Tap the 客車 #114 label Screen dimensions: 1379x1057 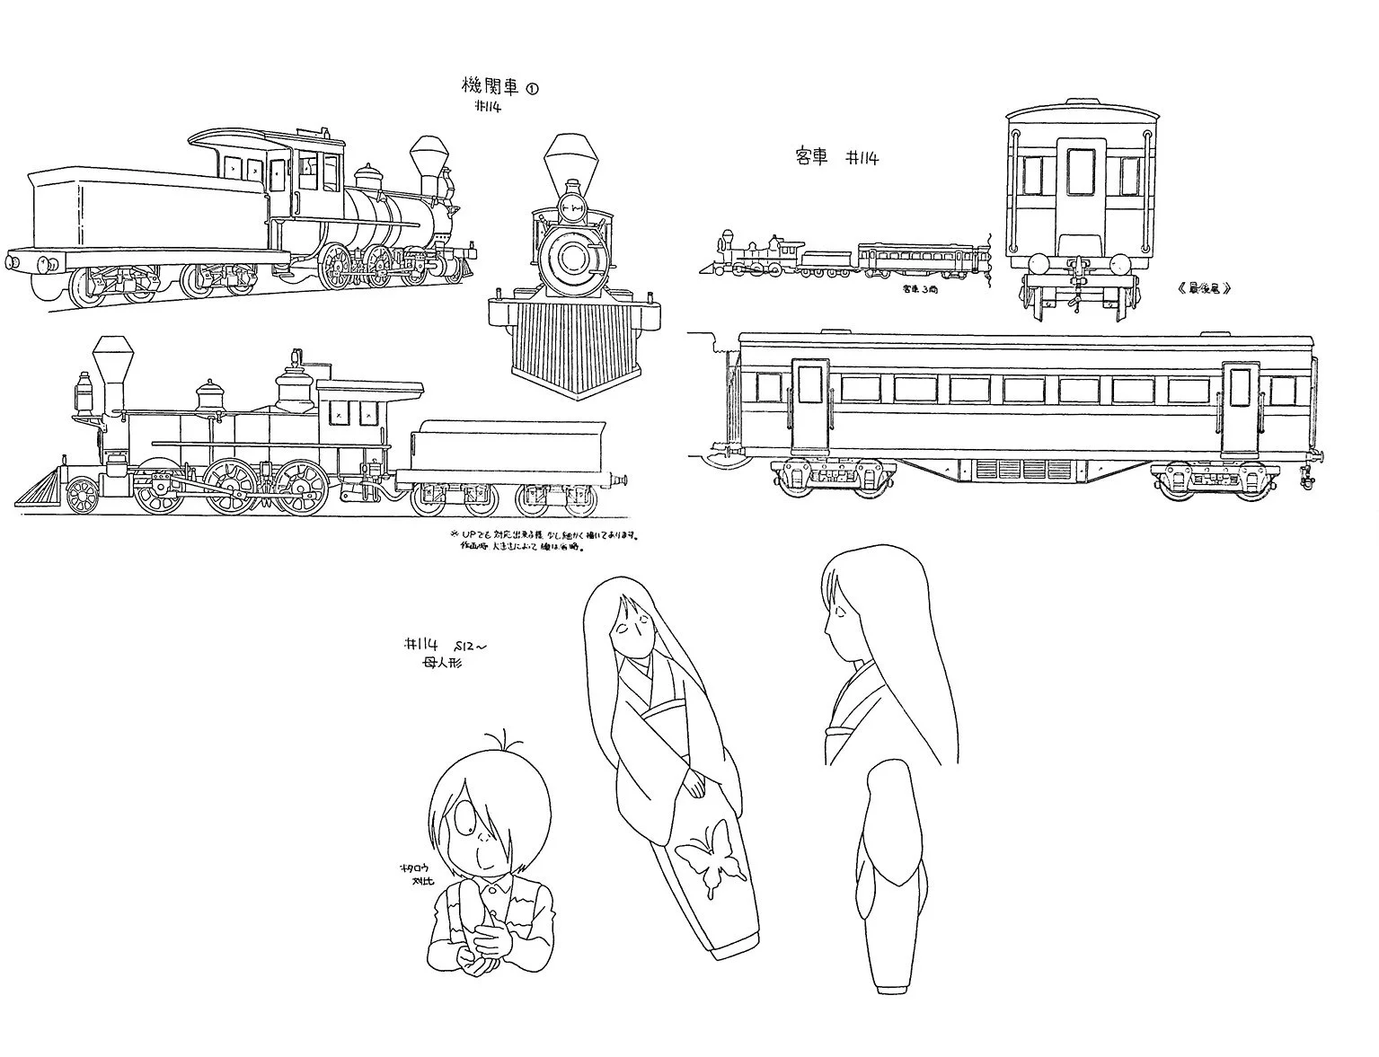pyautogui.click(x=835, y=158)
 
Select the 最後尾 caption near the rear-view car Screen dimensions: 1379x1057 pyautogui.click(x=1201, y=289)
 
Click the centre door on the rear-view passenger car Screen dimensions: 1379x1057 pyautogui.click(x=1077, y=189)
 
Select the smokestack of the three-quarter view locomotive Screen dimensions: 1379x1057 pyautogui.click(x=429, y=160)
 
